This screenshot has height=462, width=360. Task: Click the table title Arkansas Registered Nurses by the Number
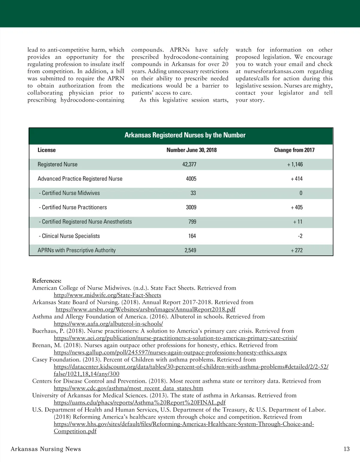[185, 135]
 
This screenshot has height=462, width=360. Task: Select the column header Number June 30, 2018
[191, 150]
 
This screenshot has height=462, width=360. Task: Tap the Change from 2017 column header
[294, 150]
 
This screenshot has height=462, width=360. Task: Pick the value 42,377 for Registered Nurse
[189, 164]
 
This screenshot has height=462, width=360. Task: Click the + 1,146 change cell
[295, 164]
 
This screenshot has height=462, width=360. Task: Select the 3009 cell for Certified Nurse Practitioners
[191, 207]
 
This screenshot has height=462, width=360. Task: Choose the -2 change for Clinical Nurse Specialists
[300, 236]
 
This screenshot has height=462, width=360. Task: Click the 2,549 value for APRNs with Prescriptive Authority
[190, 250]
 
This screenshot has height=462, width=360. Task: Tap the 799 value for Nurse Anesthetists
[192, 222]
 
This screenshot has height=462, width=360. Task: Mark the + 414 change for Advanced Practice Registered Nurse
[297, 179]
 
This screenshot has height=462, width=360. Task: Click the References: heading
[47, 281]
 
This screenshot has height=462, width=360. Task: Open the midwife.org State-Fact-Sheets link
[107, 295]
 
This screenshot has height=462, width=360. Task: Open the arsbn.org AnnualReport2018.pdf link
[145, 309]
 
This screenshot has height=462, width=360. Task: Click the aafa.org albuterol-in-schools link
[108, 324]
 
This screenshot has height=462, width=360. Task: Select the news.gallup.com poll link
[170, 352]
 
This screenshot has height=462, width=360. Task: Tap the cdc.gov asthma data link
[128, 388]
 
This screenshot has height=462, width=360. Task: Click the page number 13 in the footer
[346, 449]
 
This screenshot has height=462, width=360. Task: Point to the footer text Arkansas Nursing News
[46, 449]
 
